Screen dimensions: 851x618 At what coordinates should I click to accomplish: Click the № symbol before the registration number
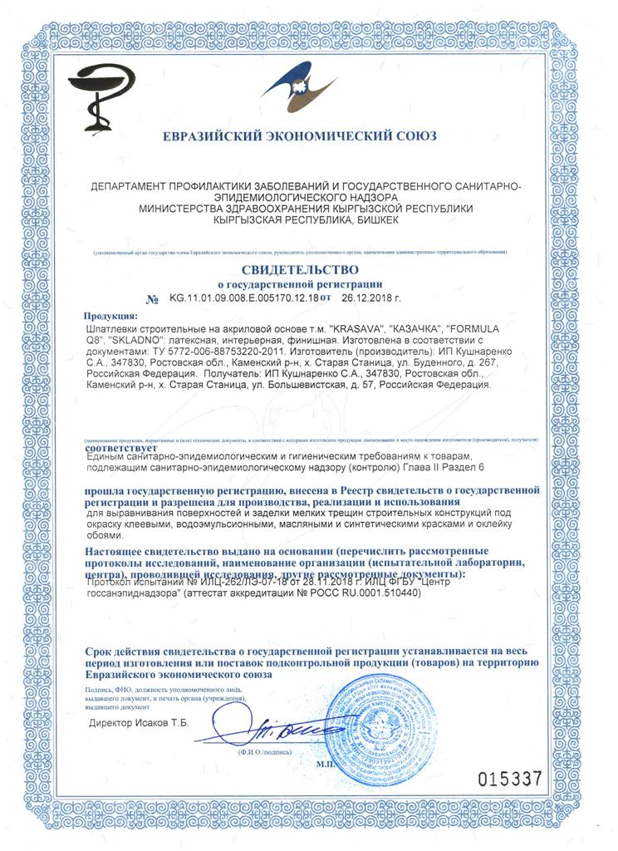pos(151,298)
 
